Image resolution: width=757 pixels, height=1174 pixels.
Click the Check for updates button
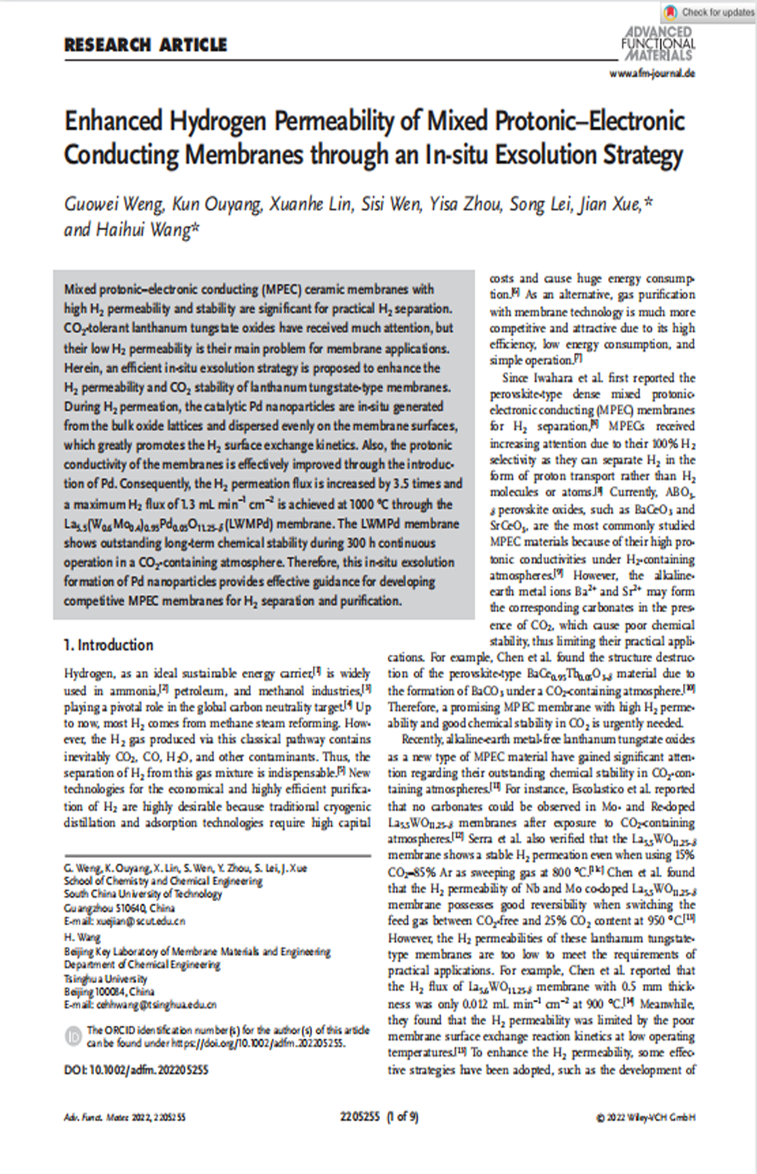pyautogui.click(x=708, y=12)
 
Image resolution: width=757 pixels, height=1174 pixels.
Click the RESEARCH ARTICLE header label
pyautogui.click(x=145, y=45)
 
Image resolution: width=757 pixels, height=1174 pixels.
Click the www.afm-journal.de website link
pyautogui.click(x=652, y=73)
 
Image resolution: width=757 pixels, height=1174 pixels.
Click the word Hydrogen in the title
pyautogui.click(x=219, y=121)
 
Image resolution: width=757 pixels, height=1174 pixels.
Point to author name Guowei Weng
pyautogui.click(x=114, y=204)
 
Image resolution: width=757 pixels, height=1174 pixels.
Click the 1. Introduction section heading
pyautogui.click(x=108, y=645)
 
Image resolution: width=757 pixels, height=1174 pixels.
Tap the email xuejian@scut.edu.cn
pyautogui.click(x=140, y=921)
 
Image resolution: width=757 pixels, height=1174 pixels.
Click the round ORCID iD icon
pyautogui.click(x=74, y=1036)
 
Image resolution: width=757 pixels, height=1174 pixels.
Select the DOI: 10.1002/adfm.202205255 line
pyautogui.click(x=136, y=1070)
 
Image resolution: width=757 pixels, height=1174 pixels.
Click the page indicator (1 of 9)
pyautogui.click(x=402, y=1116)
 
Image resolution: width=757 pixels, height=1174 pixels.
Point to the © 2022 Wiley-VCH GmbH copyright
pyautogui.click(x=646, y=1117)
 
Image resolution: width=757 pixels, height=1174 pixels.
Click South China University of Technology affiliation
pyautogui.click(x=143, y=893)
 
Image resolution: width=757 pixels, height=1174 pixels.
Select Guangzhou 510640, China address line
pyautogui.click(x=119, y=907)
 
